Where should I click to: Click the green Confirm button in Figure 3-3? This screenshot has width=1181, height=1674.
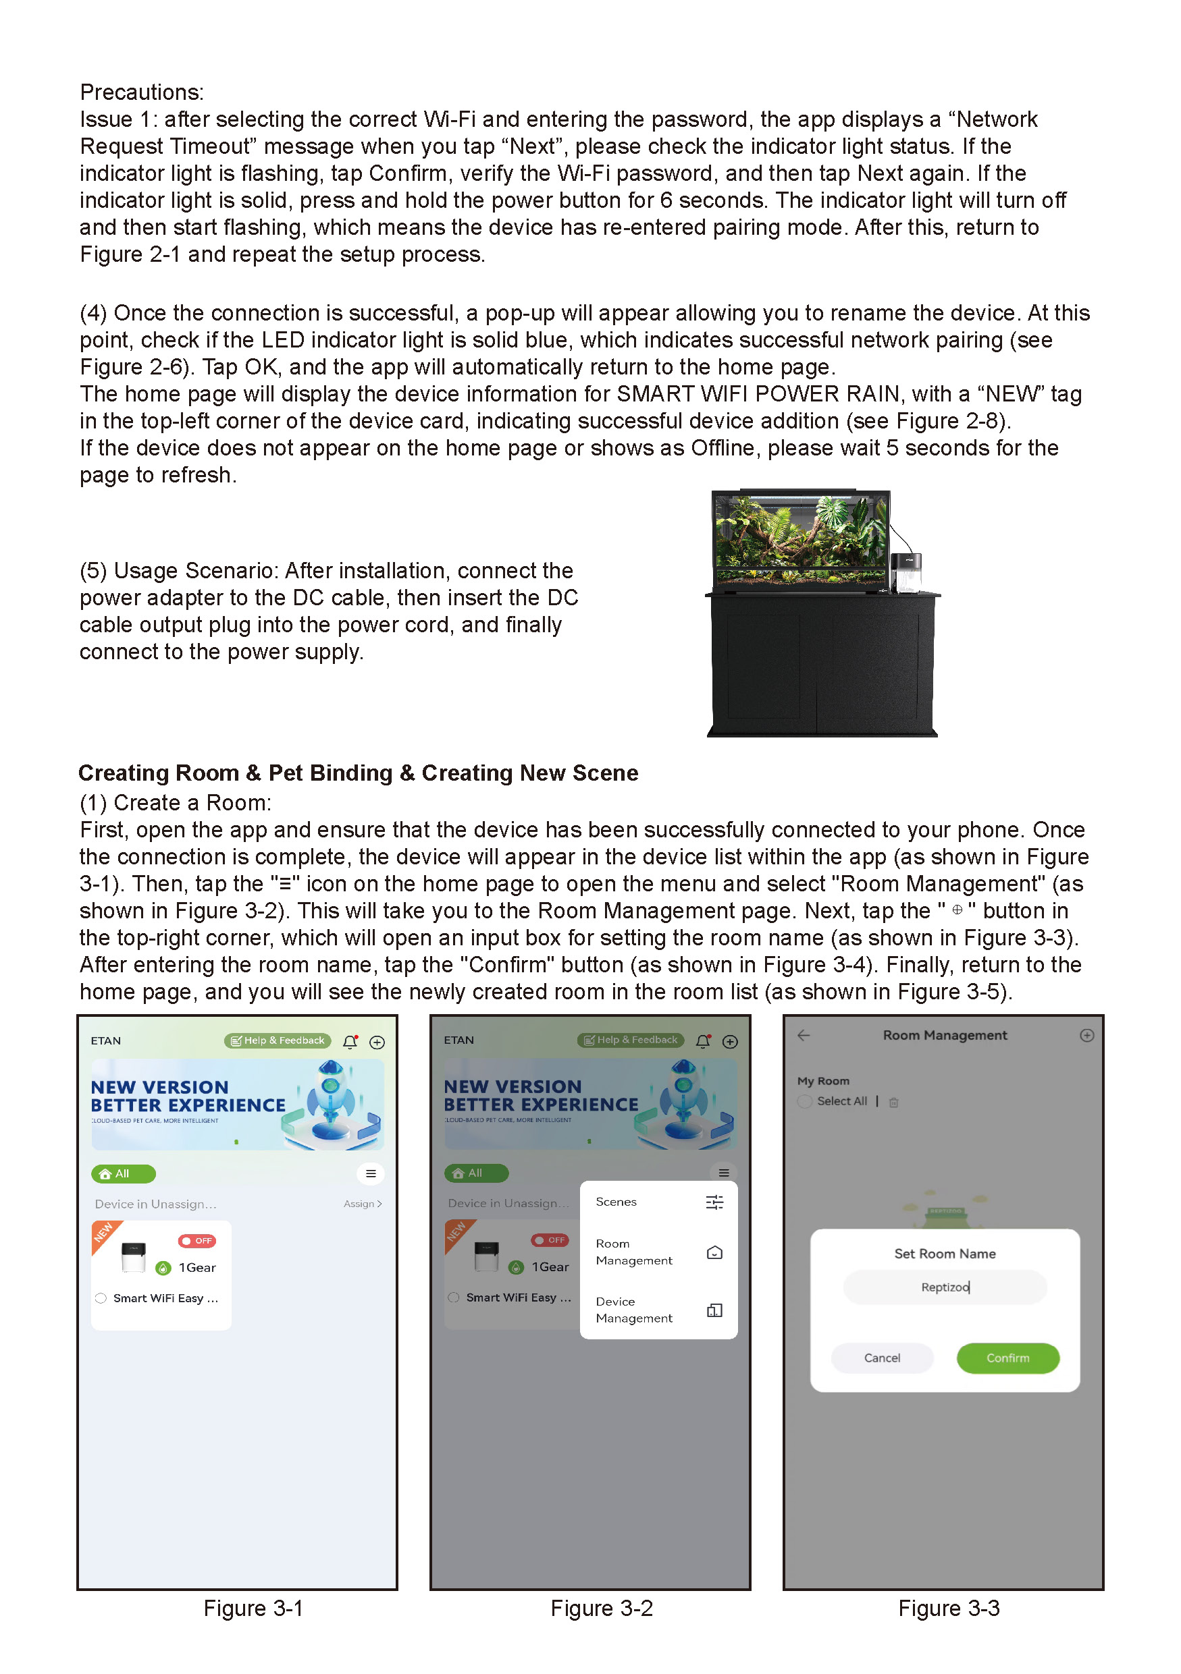pyautogui.click(x=1007, y=1358)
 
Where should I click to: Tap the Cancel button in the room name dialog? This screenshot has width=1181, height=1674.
pyautogui.click(x=882, y=1358)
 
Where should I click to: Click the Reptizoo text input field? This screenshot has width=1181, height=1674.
pyautogui.click(x=945, y=1287)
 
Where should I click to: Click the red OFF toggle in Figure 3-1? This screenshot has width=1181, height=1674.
pyautogui.click(x=197, y=1240)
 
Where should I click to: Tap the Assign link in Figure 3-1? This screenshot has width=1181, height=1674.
pyautogui.click(x=363, y=1204)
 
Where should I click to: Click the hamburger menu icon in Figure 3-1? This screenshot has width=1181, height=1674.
pyautogui.click(x=371, y=1173)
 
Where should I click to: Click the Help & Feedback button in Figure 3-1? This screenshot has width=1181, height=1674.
pyautogui.click(x=278, y=1040)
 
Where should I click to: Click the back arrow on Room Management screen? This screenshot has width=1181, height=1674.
pyautogui.click(x=804, y=1035)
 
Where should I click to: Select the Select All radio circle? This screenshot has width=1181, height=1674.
pyautogui.click(x=805, y=1101)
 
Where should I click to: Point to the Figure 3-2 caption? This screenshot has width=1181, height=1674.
pyautogui.click(x=601, y=1608)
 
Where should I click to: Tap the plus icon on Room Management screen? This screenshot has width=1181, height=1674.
pyautogui.click(x=1086, y=1035)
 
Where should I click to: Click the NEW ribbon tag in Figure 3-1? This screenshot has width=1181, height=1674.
pyautogui.click(x=104, y=1233)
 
